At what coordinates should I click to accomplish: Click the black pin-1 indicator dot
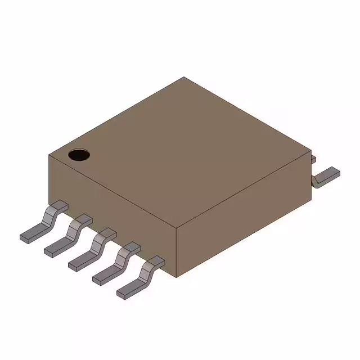79,154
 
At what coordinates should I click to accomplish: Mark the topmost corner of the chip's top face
184,77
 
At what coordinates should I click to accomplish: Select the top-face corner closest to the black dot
48,155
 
